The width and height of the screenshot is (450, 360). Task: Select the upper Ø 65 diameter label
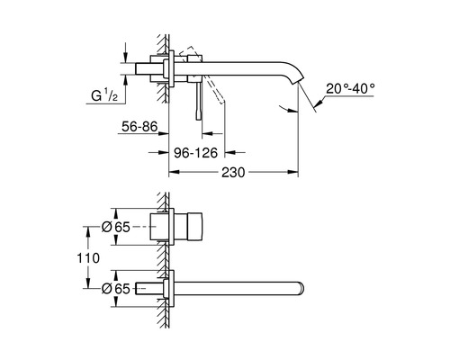click(115, 228)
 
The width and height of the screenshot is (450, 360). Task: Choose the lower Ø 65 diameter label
click(115, 287)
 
